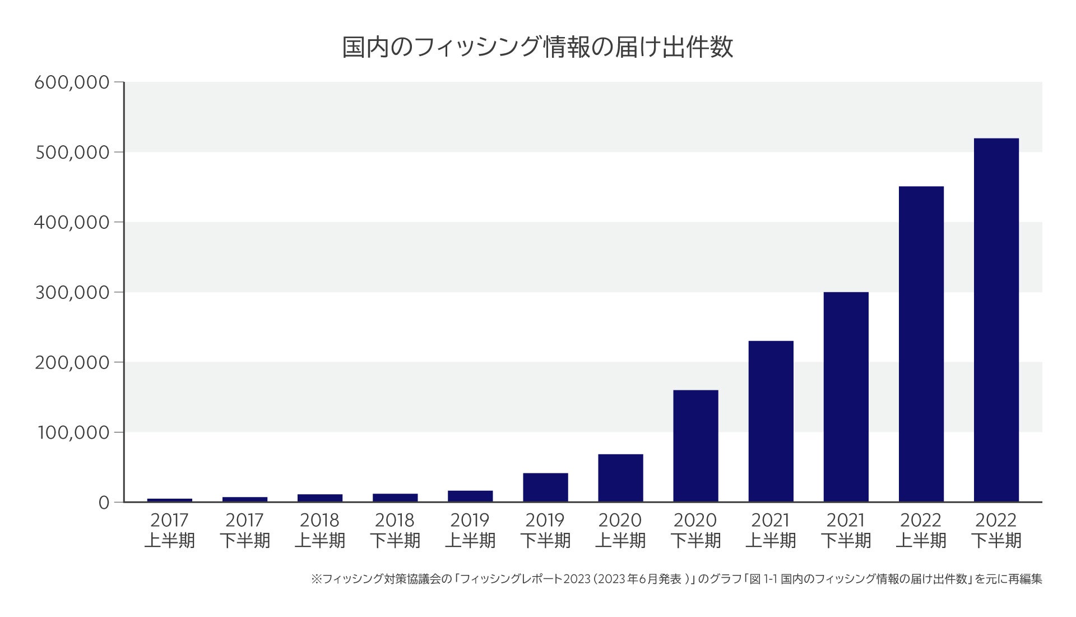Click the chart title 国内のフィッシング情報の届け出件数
tap(537, 48)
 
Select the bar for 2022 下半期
tap(996, 320)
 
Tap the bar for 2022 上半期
tap(921, 344)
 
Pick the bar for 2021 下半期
tap(846, 397)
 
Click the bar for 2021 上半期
tap(771, 421)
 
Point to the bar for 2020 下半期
tap(695, 446)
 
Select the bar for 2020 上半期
tap(620, 478)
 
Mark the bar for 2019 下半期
tap(545, 487)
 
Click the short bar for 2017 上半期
tap(170, 500)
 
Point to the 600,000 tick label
tap(72, 82)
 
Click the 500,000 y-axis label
tap(72, 153)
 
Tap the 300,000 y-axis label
tap(72, 292)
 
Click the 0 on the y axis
tap(104, 503)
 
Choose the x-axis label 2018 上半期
tap(319, 530)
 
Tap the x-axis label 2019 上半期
tap(470, 530)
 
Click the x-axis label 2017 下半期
tap(244, 530)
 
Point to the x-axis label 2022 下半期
tap(996, 530)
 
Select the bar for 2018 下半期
tap(395, 498)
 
